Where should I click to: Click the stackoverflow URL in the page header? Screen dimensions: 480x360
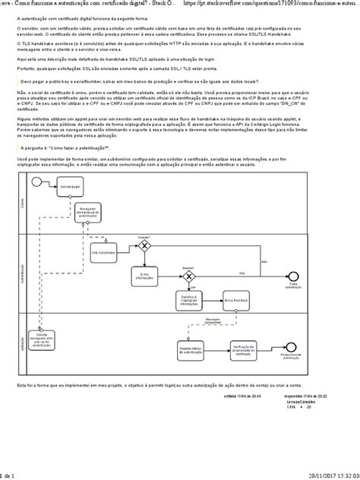click(278, 4)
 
